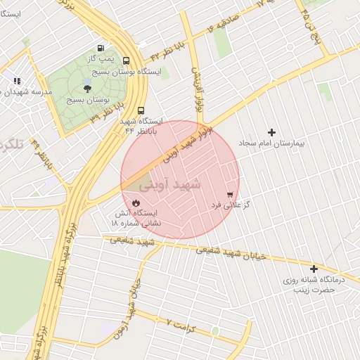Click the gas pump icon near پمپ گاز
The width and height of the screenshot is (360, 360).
[103, 49]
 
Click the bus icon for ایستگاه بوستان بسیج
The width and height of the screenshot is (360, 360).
[127, 60]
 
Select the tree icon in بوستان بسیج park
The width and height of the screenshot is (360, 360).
[87, 88]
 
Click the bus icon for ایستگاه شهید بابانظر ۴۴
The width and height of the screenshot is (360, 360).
[141, 110]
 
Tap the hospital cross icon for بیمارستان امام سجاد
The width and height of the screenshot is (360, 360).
[272, 131]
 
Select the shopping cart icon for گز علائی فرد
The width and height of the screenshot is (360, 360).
[230, 194]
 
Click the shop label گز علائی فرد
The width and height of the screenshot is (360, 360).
[231, 206]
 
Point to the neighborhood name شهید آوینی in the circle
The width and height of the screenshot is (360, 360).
[170, 186]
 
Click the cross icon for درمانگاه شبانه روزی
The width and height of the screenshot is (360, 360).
[314, 269]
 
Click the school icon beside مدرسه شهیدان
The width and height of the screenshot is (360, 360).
[17, 82]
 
